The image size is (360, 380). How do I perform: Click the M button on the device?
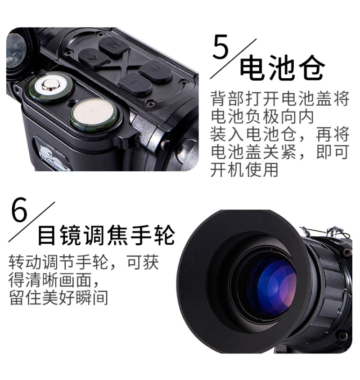(x=114, y=46)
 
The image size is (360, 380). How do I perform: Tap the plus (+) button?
(x=156, y=71)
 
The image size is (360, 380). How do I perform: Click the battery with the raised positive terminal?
(x=50, y=87)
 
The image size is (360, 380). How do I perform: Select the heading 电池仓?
(x=282, y=67)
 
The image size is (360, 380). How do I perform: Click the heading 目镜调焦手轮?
(x=106, y=235)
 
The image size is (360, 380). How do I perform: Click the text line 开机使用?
(x=244, y=170)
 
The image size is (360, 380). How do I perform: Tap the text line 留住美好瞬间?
(x=58, y=297)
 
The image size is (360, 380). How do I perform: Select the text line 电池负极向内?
(x=262, y=116)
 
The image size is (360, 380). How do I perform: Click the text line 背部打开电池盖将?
(x=280, y=99)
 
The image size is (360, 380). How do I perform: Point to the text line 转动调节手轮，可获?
(x=84, y=262)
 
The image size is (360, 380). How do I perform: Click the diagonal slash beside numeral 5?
(x=233, y=58)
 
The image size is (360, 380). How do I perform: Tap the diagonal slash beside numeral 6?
(x=32, y=222)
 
